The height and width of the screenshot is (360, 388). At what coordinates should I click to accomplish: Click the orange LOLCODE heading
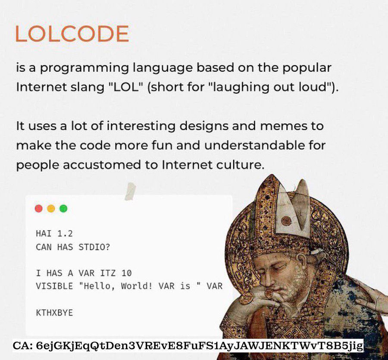[x=72, y=34]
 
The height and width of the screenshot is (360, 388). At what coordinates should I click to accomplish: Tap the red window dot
[x=39, y=209]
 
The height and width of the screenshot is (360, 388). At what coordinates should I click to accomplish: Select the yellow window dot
[x=51, y=209]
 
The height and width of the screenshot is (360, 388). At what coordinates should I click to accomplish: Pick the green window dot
[x=63, y=209]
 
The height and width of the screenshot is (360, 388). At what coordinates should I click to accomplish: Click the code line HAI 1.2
[x=54, y=234]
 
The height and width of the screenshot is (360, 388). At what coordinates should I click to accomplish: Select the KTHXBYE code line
[x=54, y=313]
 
